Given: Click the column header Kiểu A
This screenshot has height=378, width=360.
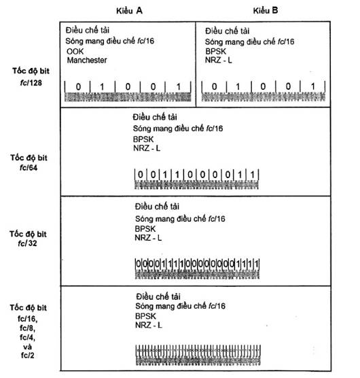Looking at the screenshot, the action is click(x=129, y=11).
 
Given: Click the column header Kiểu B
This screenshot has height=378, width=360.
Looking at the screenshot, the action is click(x=266, y=10).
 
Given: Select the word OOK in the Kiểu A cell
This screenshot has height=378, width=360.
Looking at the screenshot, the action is click(x=75, y=52).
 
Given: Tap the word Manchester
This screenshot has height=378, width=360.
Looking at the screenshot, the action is click(x=87, y=60).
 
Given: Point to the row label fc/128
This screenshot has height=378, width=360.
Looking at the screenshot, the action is click(x=31, y=83).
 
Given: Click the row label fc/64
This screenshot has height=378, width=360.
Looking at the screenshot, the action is click(x=29, y=167).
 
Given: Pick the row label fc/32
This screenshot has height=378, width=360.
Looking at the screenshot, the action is click(x=27, y=243).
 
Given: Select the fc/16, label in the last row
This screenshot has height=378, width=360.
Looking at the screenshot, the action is click(x=27, y=319).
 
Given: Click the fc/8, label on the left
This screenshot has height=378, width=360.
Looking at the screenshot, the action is click(x=27, y=328).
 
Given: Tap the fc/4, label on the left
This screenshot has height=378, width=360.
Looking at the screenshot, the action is click(x=27, y=337).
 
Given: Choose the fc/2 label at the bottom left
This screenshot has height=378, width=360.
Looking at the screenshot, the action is click(x=27, y=355).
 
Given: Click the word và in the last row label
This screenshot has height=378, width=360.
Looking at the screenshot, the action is click(x=27, y=347).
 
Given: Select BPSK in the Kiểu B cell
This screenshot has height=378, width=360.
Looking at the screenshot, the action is click(x=216, y=52).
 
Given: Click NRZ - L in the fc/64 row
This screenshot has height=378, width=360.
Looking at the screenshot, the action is click(x=147, y=148).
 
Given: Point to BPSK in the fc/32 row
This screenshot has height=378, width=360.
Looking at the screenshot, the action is click(x=145, y=228).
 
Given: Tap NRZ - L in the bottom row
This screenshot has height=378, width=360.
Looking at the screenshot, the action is click(x=149, y=325).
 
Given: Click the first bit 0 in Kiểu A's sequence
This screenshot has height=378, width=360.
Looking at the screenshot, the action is click(x=78, y=87).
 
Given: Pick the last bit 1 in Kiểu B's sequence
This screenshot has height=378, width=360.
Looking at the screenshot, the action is click(x=313, y=86).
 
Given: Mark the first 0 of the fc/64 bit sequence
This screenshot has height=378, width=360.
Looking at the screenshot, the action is click(x=141, y=174).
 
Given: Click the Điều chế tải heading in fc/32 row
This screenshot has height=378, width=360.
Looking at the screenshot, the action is click(x=157, y=207).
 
